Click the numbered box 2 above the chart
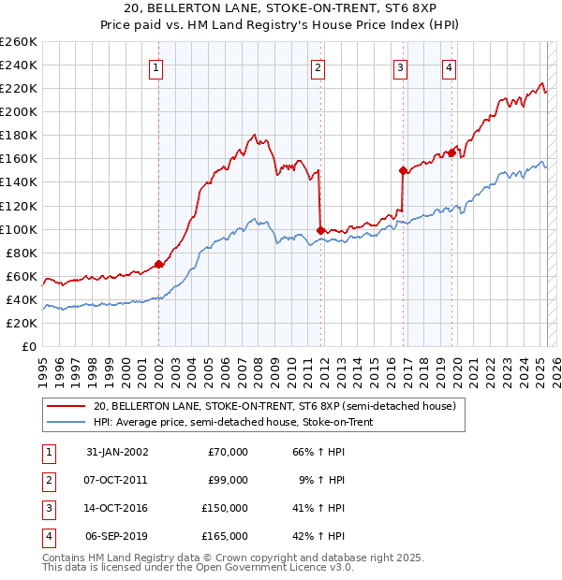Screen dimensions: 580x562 click(x=318, y=66)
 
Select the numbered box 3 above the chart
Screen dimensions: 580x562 click(x=400, y=66)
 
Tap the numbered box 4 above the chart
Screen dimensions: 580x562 click(x=450, y=66)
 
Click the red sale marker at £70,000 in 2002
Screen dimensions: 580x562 click(x=158, y=264)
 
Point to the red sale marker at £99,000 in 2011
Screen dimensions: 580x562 click(x=320, y=229)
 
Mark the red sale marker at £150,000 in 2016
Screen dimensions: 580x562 click(x=403, y=170)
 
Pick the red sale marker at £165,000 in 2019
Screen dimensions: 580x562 click(x=451, y=152)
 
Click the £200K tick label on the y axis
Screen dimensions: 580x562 click(x=19, y=111)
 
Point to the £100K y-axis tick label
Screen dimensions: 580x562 click(x=19, y=229)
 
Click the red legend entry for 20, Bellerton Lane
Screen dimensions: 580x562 click(x=274, y=406)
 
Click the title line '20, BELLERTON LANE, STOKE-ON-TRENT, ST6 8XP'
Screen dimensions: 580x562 click(x=280, y=10)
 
